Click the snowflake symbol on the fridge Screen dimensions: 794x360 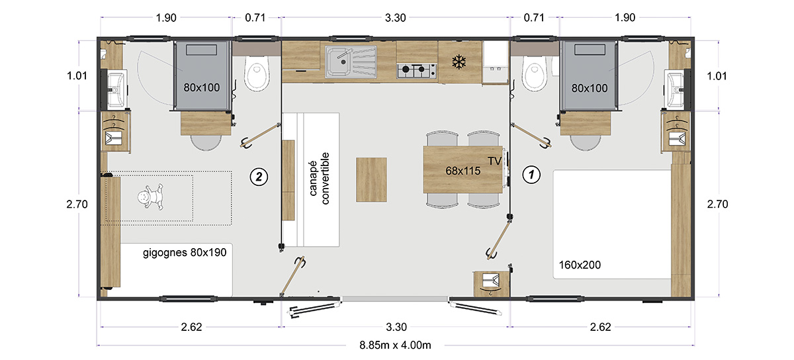click(459, 62)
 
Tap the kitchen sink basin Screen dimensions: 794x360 click(338, 62)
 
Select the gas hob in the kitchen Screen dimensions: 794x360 click(416, 71)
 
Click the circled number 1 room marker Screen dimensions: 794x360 click(531, 175)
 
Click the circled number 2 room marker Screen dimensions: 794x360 click(259, 177)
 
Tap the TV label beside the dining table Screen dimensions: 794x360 click(494, 161)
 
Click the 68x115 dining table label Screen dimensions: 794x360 click(463, 171)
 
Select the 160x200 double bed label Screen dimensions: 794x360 click(580, 265)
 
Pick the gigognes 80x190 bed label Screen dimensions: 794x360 click(185, 253)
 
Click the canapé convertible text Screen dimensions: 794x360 click(319, 179)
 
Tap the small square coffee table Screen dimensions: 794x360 click(371, 180)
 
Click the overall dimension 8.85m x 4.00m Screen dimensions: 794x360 click(395, 345)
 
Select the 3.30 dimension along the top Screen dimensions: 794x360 click(395, 18)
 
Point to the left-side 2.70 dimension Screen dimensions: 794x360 click(77, 204)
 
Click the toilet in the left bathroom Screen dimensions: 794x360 click(257, 73)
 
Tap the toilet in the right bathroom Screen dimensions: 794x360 click(535, 73)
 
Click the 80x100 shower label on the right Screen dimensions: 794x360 click(590, 88)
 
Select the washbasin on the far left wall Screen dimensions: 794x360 click(116, 90)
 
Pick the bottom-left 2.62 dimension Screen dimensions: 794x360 click(191, 327)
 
